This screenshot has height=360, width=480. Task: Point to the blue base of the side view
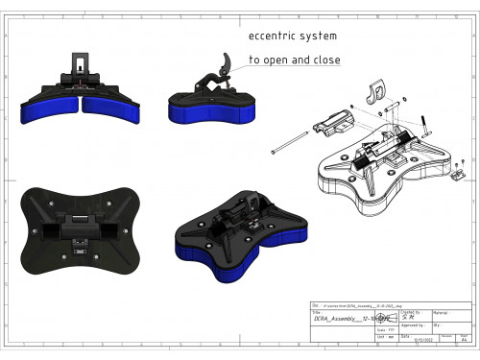point(214,114)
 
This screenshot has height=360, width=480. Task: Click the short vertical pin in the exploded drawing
point(422,120)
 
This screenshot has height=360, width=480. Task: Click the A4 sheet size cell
point(465,340)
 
